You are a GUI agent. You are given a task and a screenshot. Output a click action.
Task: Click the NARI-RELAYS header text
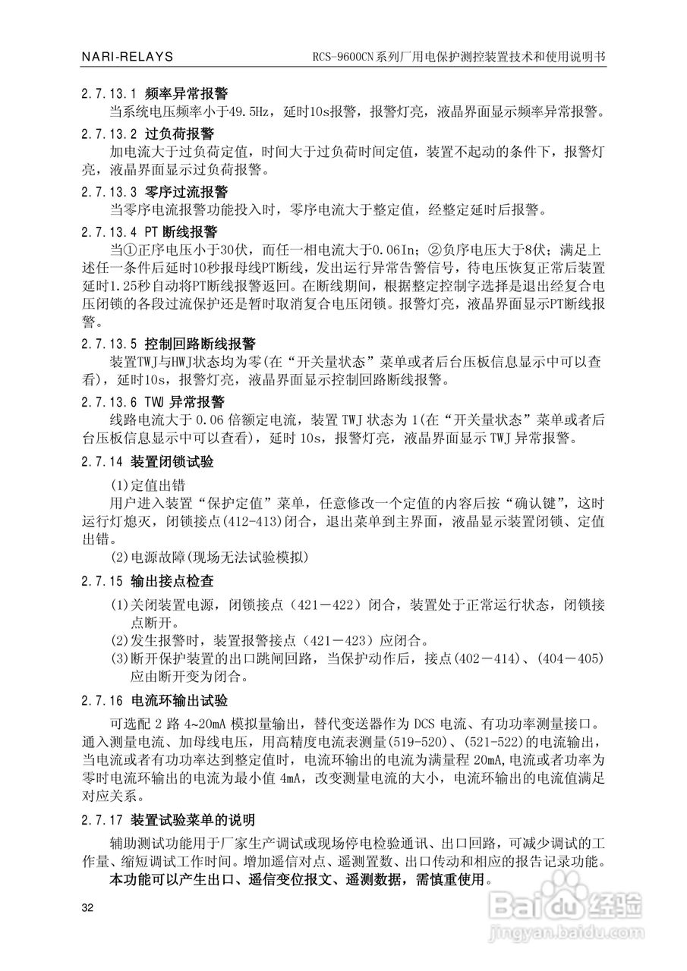tap(127, 57)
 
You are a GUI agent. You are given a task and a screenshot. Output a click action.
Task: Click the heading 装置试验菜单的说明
tap(192, 820)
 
